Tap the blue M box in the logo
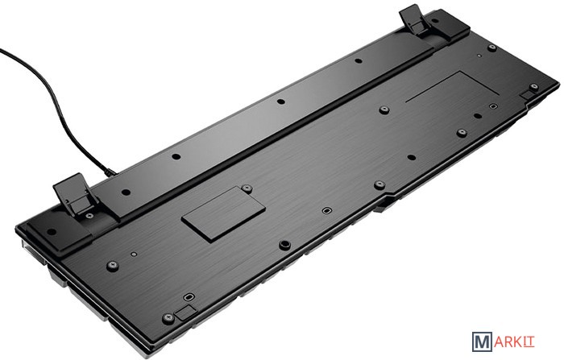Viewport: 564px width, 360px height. click(482, 341)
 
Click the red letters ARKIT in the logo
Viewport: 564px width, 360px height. click(514, 341)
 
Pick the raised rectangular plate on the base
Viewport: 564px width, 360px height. click(223, 213)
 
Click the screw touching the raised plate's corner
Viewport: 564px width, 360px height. click(247, 188)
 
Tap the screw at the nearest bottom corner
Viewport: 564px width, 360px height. click(168, 318)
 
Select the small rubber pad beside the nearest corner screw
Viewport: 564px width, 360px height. click(185, 312)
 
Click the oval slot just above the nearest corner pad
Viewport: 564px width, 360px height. click(189, 297)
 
